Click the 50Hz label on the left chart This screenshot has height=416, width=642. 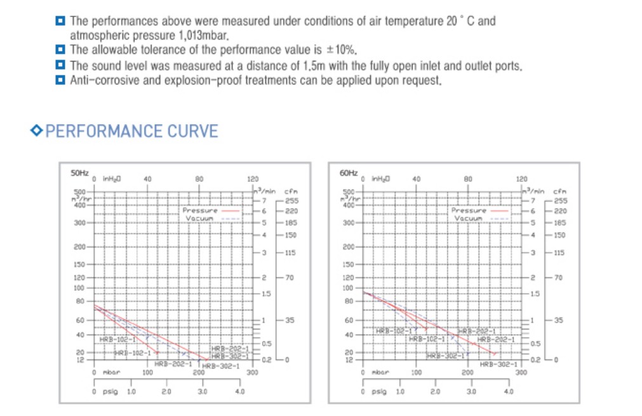79,173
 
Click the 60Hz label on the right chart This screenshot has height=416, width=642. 349,173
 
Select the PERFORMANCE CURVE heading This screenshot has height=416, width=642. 131,131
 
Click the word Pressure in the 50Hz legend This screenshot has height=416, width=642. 199,210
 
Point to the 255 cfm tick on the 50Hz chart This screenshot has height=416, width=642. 291,200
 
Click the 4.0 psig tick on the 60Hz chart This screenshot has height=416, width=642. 508,392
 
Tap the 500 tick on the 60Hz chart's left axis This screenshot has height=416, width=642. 348,191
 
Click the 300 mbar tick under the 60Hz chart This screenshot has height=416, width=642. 521,371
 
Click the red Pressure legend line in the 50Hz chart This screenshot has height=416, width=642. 230,210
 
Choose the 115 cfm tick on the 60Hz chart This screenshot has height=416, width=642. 559,253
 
